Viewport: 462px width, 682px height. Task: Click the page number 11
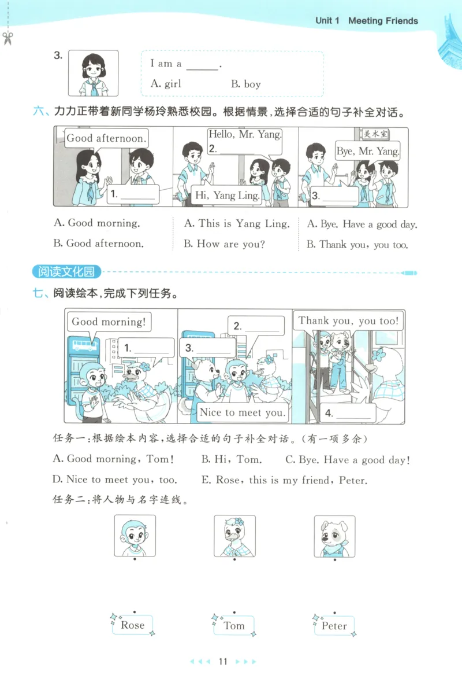223,662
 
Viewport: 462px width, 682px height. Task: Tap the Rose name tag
133,625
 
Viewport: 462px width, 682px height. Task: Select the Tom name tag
234,625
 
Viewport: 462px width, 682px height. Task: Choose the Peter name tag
334,625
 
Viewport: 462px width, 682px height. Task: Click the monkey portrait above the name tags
134,536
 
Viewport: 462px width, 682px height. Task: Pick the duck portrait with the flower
234,536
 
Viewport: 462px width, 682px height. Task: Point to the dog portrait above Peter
334,536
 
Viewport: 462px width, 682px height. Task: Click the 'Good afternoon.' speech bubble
106,138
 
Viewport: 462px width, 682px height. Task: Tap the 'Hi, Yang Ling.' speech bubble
227,196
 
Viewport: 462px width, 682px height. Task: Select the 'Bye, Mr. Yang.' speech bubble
368,152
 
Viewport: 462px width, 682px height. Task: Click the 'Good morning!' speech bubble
109,322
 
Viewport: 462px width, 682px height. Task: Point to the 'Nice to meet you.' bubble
243,412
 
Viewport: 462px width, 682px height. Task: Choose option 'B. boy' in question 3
246,84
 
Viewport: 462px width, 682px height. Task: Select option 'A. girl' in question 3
166,84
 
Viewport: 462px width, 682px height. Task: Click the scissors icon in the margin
8,39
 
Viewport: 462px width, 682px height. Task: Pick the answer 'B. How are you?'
224,244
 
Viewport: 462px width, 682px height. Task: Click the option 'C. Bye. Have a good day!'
348,460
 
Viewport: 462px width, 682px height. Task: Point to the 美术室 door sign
375,134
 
